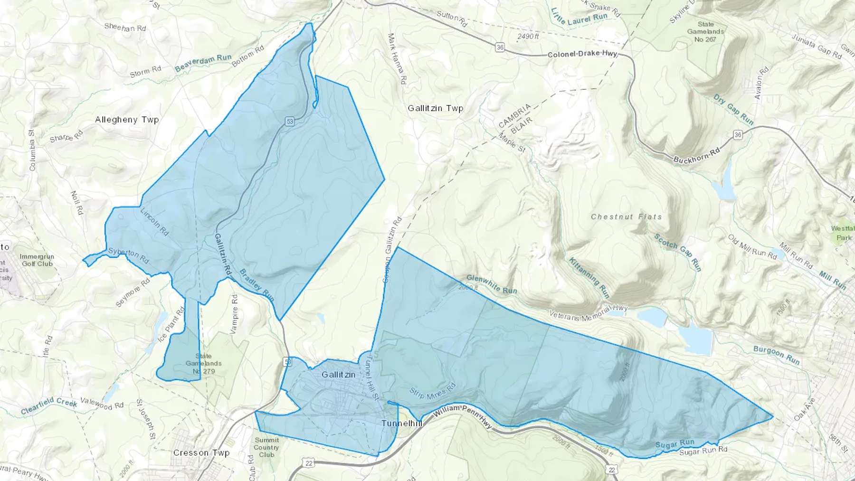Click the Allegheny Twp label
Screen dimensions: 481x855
click(x=127, y=120)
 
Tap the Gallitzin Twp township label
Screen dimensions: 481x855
click(x=435, y=108)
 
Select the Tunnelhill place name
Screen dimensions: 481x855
click(x=401, y=423)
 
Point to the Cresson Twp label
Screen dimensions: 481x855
click(x=201, y=453)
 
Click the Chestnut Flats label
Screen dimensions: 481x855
click(x=626, y=217)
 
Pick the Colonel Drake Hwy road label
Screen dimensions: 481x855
click(x=582, y=54)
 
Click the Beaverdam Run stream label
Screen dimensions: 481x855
click(x=203, y=63)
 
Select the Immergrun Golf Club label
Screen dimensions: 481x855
click(x=37, y=260)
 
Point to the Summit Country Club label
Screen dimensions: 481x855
click(x=266, y=447)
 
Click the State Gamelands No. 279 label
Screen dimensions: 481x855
click(x=203, y=364)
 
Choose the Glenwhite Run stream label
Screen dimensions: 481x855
click(x=492, y=284)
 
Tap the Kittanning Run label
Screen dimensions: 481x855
click(x=589, y=277)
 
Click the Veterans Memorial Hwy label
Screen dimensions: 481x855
click(x=588, y=312)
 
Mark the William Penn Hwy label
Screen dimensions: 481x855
click(x=463, y=415)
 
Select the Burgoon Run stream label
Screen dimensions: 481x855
click(x=777, y=355)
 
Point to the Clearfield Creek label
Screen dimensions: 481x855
click(x=49, y=405)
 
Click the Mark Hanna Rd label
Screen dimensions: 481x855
click(x=397, y=59)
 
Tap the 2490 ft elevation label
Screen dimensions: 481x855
click(x=528, y=36)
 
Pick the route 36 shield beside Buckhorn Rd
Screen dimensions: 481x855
click(x=738, y=135)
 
